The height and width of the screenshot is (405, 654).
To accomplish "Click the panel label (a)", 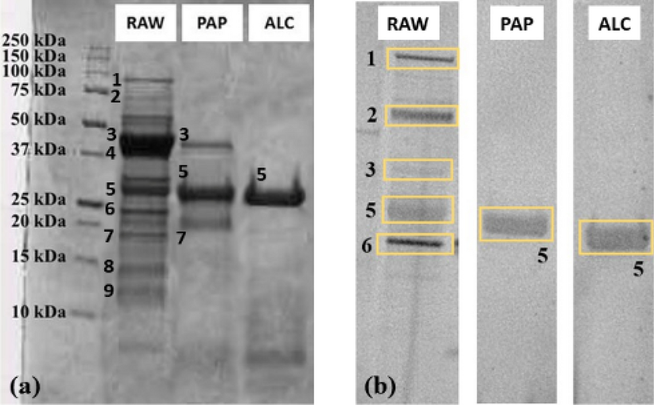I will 26,387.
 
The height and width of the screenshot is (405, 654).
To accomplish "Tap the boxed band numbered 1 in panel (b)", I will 422,59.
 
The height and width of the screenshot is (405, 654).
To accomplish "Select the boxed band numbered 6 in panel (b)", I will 415,244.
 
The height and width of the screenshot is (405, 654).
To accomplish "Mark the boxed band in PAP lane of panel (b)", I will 516,223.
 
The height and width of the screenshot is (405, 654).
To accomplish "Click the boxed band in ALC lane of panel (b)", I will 615,237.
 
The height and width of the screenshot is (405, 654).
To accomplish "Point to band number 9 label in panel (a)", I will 109,291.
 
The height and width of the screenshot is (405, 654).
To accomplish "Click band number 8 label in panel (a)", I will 109,266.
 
